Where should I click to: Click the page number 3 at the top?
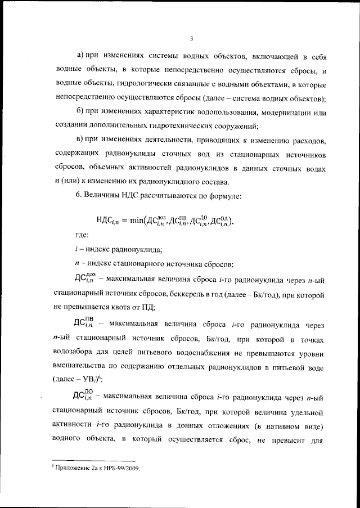[191, 39]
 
